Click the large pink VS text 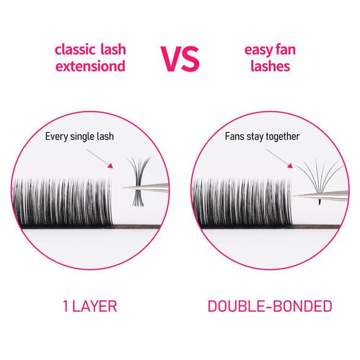180,57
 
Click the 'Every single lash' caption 80,136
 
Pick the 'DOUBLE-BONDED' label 270,306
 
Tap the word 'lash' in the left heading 112,48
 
